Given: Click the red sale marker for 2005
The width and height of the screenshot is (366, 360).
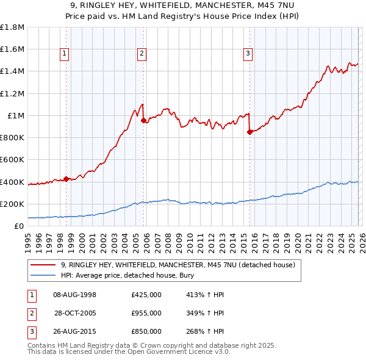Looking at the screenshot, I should click(x=144, y=121).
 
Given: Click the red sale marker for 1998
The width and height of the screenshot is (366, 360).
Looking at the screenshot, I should click(x=66, y=179).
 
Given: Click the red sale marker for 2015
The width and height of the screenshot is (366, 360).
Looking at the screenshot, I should click(x=250, y=132).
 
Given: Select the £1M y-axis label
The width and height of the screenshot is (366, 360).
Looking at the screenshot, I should click(x=15, y=115).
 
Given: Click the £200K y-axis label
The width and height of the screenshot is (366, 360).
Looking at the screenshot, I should click(x=12, y=204).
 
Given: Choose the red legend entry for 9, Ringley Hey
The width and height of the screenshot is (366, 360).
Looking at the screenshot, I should click(x=178, y=265).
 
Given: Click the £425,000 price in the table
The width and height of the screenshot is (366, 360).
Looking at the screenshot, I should click(x=146, y=295).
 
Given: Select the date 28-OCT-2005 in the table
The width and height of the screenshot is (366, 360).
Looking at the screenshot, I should click(x=75, y=313).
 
